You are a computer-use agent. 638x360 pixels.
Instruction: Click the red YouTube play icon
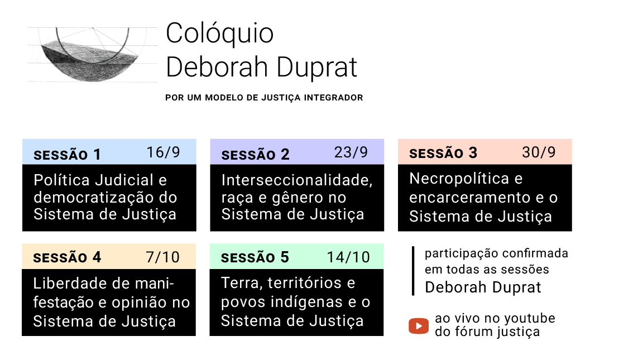[418, 326]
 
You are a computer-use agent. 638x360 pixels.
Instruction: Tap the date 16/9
[163, 152]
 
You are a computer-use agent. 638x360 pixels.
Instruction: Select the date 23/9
[351, 152]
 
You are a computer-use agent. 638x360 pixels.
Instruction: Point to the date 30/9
[539, 152]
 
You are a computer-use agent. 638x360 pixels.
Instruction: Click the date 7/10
[163, 257]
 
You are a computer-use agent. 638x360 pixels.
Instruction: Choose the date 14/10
[348, 257]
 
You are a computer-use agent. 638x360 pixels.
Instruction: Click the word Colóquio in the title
[220, 34]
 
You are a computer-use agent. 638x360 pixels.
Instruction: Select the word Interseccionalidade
[297, 180]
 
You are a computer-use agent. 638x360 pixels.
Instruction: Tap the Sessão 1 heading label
[67, 155]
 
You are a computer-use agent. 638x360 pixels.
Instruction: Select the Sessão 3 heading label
[443, 153]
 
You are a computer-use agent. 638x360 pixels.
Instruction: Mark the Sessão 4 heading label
[67, 257]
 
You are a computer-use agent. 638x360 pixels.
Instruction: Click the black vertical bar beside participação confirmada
[413, 271]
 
